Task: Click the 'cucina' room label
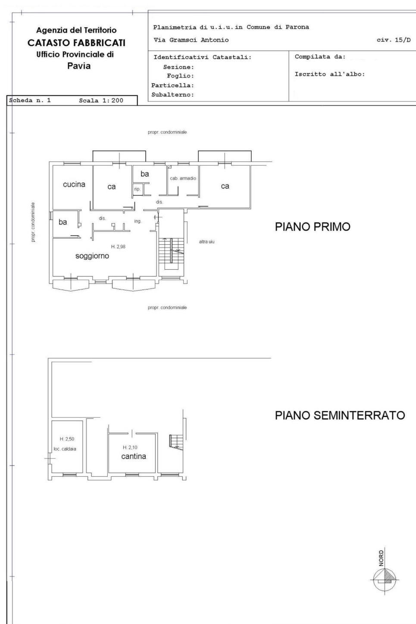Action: click(74, 184)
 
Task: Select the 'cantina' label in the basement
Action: click(134, 456)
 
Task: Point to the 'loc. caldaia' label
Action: click(65, 449)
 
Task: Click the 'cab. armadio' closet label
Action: click(183, 178)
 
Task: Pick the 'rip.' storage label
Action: click(137, 189)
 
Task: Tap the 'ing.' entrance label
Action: click(138, 222)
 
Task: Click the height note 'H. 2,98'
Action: click(118, 246)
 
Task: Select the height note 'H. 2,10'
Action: click(130, 447)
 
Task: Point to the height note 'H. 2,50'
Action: click(67, 439)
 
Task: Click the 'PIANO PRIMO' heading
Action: click(313, 227)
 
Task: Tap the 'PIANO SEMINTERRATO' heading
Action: click(340, 415)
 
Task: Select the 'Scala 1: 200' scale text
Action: click(101, 100)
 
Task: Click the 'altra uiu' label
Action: click(207, 242)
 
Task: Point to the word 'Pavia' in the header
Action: click(79, 66)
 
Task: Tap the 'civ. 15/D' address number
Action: click(394, 40)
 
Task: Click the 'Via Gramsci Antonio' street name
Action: click(191, 40)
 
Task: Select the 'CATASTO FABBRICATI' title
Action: click(76, 43)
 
